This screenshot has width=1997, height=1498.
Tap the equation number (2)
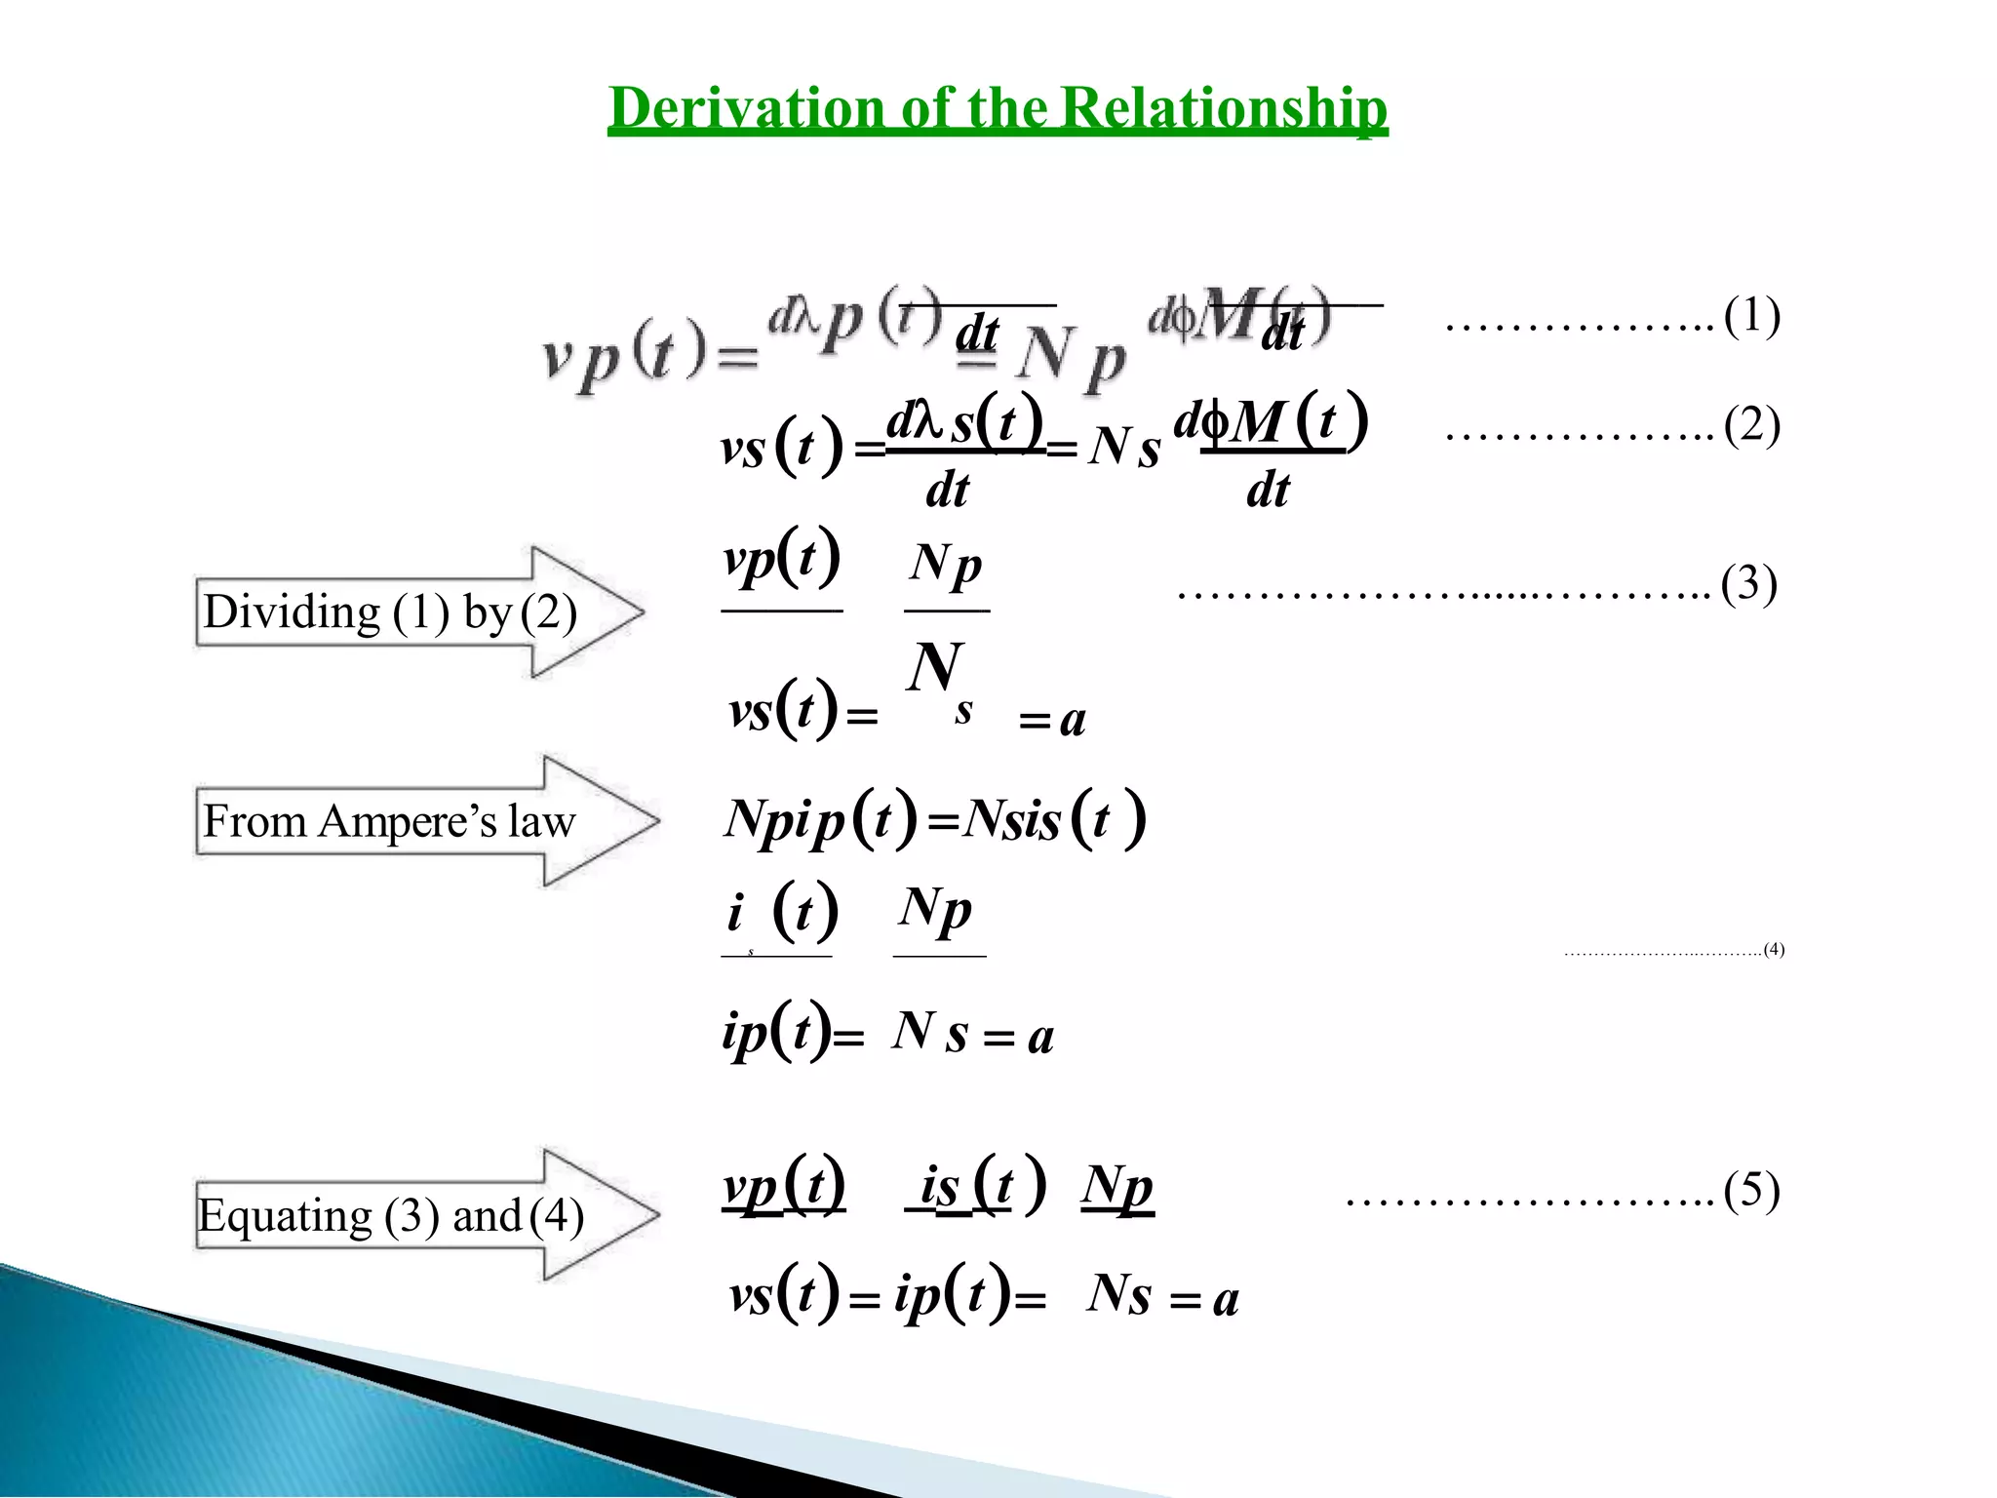click(1751, 426)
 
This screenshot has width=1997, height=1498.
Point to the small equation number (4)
click(1774, 949)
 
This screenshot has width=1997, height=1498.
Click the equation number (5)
click(1751, 1192)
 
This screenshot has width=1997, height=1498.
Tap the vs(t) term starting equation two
click(780, 449)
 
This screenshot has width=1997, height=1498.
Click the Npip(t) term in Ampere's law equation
click(819, 819)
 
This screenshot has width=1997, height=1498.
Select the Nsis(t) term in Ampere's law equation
click(1053, 819)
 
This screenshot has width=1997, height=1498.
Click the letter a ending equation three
click(1073, 721)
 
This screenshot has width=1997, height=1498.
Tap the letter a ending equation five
click(1226, 1300)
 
